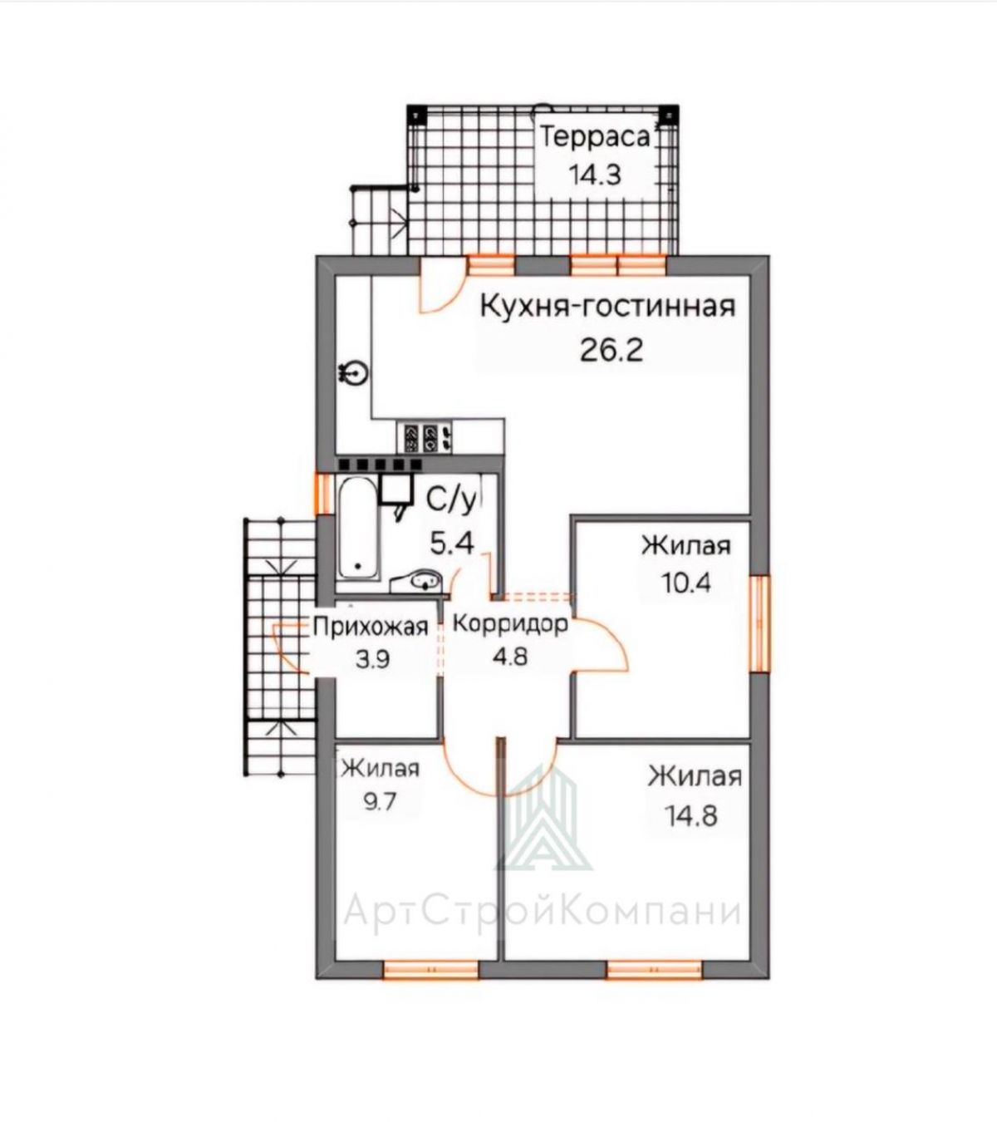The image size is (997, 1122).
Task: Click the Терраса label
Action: (x=595, y=137)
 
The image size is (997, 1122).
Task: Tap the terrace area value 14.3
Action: (x=596, y=175)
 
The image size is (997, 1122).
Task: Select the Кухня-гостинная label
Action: (x=607, y=307)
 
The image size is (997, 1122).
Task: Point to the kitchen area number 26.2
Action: (x=611, y=349)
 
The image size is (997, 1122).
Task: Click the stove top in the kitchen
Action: (x=424, y=437)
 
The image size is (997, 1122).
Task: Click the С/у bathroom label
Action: (x=450, y=500)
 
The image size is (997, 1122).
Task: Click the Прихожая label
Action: (x=371, y=627)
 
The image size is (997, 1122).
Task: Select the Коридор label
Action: (x=510, y=624)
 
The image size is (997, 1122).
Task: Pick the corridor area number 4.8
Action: (x=510, y=657)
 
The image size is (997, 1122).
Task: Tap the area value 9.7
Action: (x=380, y=801)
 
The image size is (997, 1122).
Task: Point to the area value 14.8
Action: (x=691, y=816)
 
